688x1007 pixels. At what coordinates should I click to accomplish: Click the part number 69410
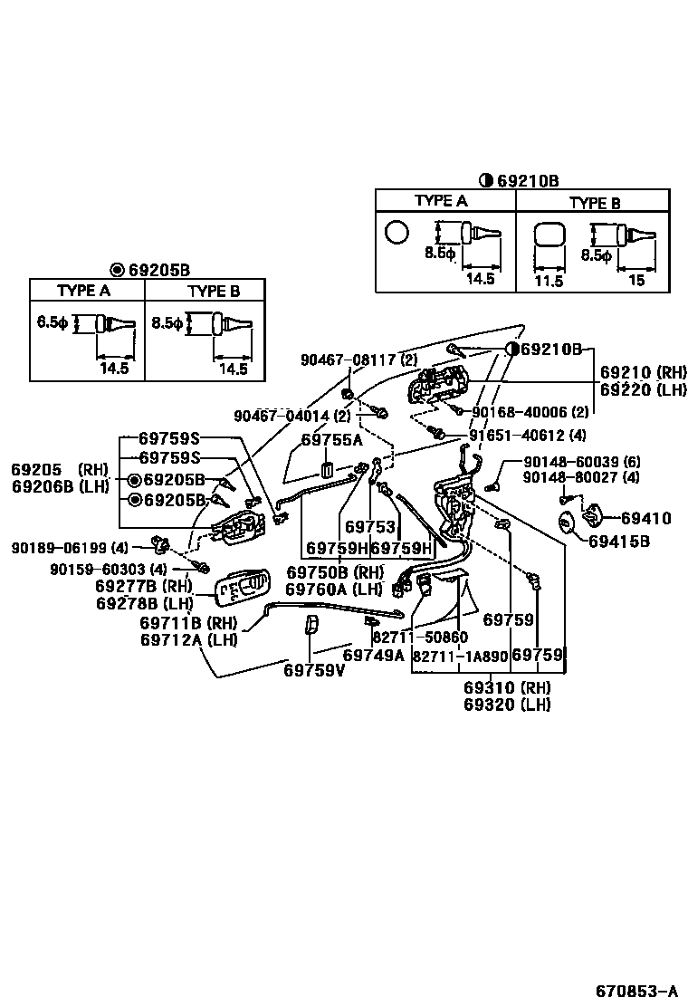646,519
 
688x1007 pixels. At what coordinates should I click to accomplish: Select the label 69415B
619,542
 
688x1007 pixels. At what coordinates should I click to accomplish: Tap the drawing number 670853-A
635,990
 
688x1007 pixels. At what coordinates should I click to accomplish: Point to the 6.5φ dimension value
52,321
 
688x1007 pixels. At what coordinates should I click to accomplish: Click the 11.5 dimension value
549,281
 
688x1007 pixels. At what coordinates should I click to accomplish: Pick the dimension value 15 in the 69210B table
636,281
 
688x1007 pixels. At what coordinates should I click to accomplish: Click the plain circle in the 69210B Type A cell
397,233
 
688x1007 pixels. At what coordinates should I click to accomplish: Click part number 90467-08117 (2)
359,360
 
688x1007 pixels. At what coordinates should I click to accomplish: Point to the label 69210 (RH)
644,372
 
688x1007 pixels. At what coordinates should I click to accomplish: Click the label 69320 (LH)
507,705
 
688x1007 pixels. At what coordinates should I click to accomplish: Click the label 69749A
373,655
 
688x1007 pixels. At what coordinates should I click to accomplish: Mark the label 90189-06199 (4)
71,547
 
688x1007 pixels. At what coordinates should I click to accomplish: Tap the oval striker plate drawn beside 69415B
567,524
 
